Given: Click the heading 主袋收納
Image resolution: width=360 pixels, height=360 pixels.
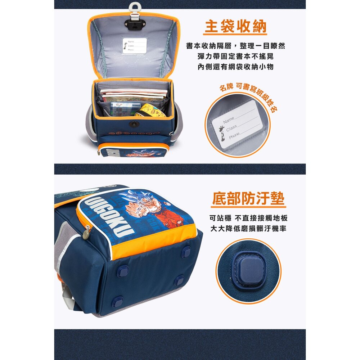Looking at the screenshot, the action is coord(235,26).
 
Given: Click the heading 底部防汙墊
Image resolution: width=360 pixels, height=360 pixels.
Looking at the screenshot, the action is coord(248,198).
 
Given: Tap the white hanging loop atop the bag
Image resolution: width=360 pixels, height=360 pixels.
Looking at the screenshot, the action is coord(134,7).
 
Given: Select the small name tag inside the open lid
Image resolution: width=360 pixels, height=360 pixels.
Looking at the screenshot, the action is coord(135,46).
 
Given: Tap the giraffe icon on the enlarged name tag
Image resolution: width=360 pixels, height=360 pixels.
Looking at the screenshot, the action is coord(222,133).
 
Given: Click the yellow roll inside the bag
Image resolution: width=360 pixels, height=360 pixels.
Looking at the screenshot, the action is coord(150,111).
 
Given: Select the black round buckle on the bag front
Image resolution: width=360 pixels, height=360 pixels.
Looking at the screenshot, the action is coord(134,124).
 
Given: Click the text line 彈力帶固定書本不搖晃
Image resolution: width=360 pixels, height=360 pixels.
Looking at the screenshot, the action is coord(235,56).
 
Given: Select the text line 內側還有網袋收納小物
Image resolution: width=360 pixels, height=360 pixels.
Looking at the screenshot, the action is coord(235,67).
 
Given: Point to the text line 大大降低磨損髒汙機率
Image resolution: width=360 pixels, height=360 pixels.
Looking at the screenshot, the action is coord(248,229).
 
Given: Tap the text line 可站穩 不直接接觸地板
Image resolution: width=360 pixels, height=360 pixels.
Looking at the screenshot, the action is coord(248,218).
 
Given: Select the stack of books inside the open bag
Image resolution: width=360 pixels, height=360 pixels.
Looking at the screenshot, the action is coord(134,95).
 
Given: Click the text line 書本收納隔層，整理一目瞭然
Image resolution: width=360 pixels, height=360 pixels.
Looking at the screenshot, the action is coord(235,46).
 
